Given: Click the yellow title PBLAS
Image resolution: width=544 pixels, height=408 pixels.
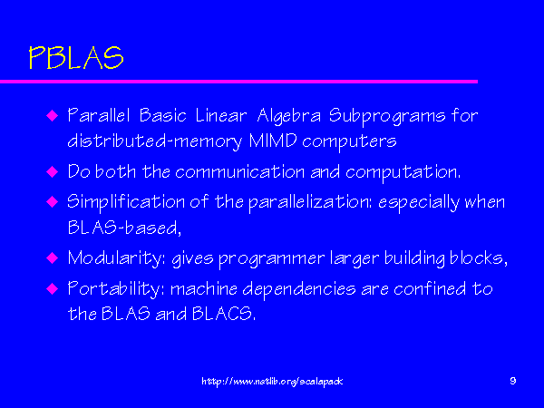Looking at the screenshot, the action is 76,58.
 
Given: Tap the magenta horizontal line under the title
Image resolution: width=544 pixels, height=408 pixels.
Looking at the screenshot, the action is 238,82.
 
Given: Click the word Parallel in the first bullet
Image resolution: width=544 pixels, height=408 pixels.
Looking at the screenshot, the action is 99,115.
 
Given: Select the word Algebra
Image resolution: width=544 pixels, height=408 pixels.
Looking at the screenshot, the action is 288,116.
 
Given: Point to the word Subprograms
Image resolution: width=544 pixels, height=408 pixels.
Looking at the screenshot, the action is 387,116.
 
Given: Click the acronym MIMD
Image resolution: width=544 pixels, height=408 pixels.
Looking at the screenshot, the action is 273,141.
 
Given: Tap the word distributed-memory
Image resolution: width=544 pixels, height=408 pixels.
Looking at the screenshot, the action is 154,141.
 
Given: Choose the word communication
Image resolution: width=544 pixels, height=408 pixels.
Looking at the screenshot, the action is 239,171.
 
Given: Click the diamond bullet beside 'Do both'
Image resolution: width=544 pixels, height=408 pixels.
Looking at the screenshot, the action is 52,171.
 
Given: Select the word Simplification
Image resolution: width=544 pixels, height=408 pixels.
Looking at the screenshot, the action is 126,202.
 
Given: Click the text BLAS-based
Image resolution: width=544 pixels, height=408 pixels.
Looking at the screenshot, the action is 124,228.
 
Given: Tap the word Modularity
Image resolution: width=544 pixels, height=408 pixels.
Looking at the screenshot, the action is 117,258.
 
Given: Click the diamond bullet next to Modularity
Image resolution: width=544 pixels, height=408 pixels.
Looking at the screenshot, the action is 52,258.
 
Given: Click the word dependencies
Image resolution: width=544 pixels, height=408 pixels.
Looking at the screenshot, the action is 298,289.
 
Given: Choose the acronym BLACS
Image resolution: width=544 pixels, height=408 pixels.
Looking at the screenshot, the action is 223,314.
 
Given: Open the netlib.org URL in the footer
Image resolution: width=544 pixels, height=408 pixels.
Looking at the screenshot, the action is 272,382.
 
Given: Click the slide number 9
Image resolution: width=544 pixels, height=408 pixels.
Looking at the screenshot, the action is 513,381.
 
